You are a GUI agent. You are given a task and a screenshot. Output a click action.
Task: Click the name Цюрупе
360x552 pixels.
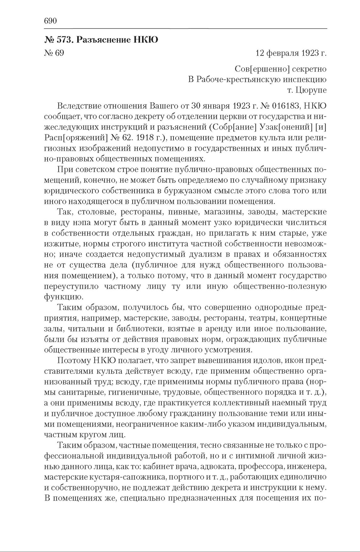[311, 90]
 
